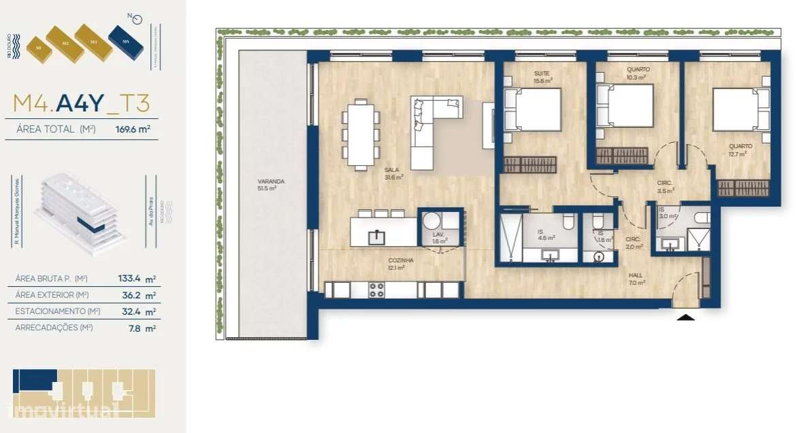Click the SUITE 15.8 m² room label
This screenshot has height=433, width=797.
542,77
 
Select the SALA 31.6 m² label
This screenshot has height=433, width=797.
393,174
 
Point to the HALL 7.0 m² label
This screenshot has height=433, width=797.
636,279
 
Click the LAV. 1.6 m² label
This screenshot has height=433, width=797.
439,237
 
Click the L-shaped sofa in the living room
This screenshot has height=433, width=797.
433,129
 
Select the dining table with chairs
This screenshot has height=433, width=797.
361,134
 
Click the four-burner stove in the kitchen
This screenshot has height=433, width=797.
376,290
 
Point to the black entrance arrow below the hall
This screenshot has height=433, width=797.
686,315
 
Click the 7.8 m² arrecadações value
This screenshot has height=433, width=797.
141,328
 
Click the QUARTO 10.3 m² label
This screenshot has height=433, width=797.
638,73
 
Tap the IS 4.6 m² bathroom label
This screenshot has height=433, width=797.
546,235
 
